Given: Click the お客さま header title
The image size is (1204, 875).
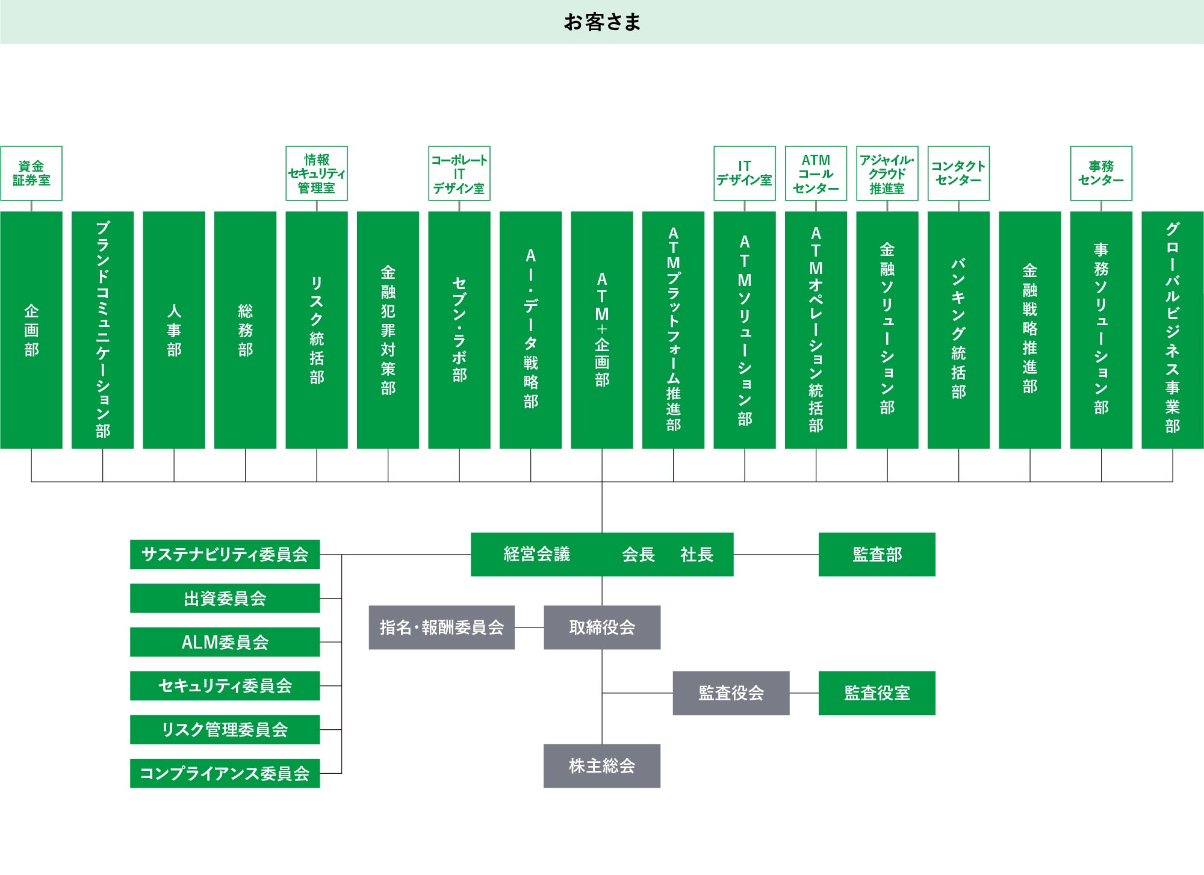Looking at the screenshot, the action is point(602,22).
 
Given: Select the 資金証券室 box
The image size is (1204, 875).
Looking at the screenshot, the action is point(31,173).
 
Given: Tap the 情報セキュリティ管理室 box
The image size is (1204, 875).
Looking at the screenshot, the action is point(317,173).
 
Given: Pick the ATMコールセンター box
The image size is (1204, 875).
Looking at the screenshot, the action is point(816,173).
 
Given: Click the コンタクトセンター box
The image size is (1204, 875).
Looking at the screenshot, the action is point(958,173).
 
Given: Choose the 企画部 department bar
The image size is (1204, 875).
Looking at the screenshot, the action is point(31,330).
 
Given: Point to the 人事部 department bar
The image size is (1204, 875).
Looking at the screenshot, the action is point(174,330).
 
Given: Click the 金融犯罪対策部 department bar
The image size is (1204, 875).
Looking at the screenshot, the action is point(388,330).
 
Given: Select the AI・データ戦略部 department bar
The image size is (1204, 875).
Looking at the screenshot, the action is point(530,330).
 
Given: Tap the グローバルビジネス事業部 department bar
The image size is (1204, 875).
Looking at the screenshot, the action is point(1173,330).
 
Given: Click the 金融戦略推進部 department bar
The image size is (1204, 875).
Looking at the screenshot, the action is point(1030,330).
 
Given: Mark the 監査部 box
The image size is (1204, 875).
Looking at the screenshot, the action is point(877,555).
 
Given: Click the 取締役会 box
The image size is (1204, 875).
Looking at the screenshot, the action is point(602,627).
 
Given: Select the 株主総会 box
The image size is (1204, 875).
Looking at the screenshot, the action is point(602,766).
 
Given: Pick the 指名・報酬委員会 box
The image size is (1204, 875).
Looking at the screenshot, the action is point(442,627).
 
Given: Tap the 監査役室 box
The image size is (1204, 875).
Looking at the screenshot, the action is point(877,693).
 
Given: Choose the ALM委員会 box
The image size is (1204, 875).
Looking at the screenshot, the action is point(225,642).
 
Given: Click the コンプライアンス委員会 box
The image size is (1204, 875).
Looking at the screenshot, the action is point(225,773).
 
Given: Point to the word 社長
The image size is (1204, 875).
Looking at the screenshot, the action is point(697,555).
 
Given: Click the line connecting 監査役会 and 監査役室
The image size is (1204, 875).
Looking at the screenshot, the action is point(804,693).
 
